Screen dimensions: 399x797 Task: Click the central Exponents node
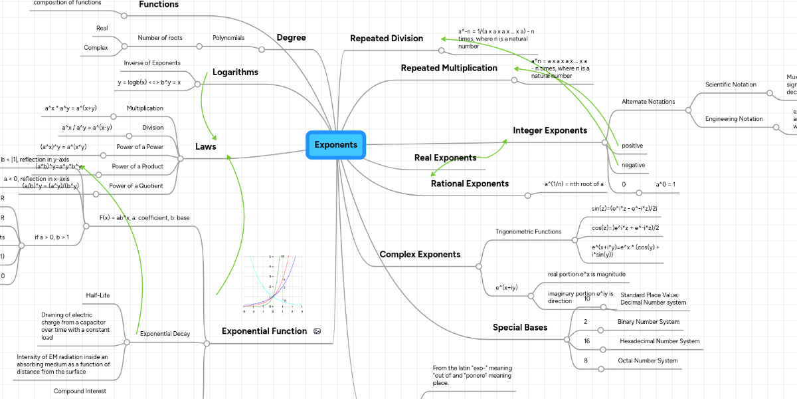tap(335, 145)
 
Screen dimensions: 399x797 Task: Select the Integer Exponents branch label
tap(550, 130)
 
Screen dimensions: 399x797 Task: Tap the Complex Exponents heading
tap(420, 254)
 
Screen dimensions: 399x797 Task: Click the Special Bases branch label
tap(520, 327)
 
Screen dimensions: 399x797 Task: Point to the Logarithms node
tap(235, 72)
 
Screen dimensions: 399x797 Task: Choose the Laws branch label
tap(205, 146)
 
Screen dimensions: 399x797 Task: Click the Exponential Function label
tap(264, 331)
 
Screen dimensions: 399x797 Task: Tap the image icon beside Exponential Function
tap(317, 331)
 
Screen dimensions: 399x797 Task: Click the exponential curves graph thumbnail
tap(272, 284)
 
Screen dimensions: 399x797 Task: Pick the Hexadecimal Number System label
tap(660, 341)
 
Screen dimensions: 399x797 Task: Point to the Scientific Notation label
tap(731, 84)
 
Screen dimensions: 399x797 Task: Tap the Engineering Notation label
tap(733, 119)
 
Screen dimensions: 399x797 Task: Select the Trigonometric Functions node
tap(528, 231)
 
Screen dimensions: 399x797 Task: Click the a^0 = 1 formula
tap(665, 184)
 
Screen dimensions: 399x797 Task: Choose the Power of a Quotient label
tap(136, 186)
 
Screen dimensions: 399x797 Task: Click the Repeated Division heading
tap(387, 39)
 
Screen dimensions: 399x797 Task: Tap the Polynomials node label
tap(228, 38)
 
